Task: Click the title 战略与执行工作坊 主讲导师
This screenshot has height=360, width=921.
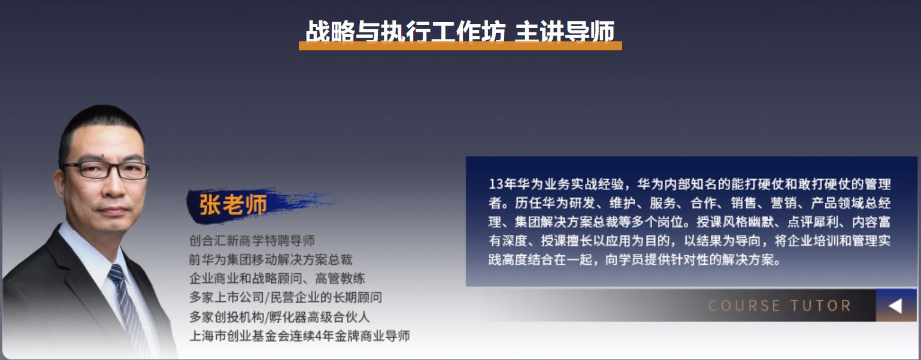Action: click(x=460, y=31)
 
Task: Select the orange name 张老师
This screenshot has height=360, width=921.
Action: click(x=233, y=204)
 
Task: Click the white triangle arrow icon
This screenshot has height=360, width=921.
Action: click(x=895, y=305)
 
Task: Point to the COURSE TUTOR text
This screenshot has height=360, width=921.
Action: click(x=780, y=305)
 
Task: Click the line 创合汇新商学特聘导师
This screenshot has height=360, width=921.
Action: click(x=252, y=241)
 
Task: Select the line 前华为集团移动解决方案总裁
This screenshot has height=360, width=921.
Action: click(x=271, y=259)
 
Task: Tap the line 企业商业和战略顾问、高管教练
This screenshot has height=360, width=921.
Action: click(x=277, y=279)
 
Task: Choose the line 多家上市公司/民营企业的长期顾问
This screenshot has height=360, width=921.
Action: click(x=286, y=298)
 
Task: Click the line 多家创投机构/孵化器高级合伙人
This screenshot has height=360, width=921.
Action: click(x=280, y=317)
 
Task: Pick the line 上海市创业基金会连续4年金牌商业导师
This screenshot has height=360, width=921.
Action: click(x=300, y=335)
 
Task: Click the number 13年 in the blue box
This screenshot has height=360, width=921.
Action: click(x=502, y=184)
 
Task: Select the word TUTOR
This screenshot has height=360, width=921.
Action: click(x=820, y=305)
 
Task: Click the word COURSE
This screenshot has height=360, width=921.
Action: click(x=744, y=305)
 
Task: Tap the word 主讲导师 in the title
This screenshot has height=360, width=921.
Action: click(x=565, y=31)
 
